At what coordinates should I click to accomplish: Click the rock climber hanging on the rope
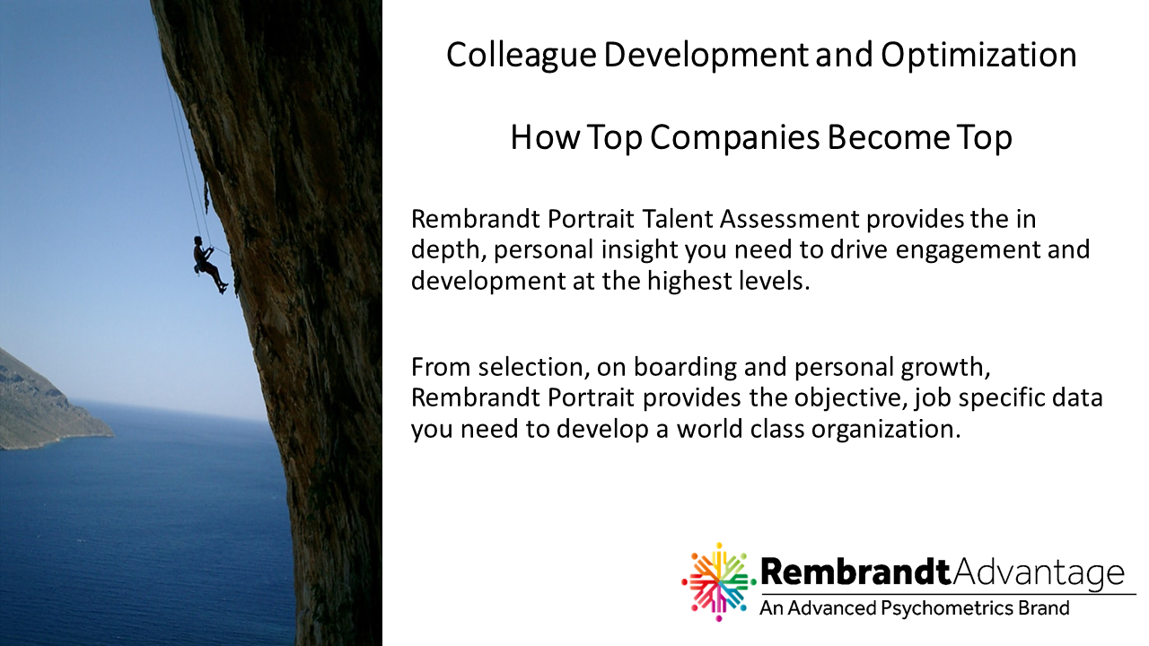[x=209, y=264]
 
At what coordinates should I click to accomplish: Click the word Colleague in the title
[x=522, y=57]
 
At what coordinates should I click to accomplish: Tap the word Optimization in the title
[x=978, y=57]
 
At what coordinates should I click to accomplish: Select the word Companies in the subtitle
[x=734, y=137]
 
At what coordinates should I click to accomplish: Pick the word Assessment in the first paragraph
[x=789, y=219]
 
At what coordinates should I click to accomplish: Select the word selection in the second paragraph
[x=532, y=367]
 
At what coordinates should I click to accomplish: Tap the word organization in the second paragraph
[x=886, y=430]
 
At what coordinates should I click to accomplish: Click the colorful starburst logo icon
[x=719, y=582]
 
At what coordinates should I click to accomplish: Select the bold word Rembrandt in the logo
[x=856, y=572]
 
